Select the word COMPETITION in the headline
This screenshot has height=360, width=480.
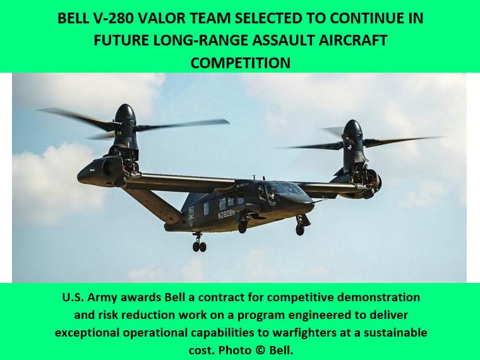point(240,63)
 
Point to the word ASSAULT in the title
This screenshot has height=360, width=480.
point(284,40)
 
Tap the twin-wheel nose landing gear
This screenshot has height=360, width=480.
point(200,243)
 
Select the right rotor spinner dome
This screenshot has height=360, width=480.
point(352,129)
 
